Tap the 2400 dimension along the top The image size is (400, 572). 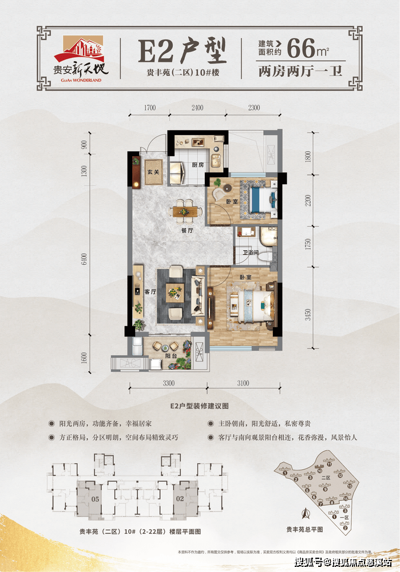click(197, 108)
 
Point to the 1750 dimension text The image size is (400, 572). click(308, 244)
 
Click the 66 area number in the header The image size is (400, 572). click(302, 49)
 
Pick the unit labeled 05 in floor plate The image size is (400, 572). click(95, 498)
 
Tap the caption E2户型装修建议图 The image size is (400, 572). click(199, 404)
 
